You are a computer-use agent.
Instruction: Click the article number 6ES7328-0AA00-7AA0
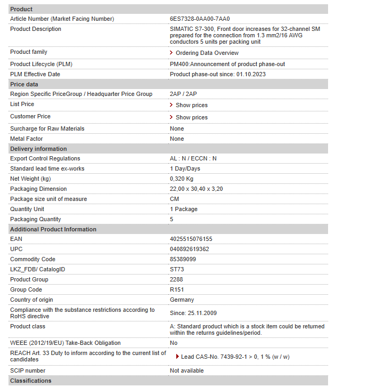[200, 19]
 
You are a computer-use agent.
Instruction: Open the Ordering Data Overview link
[207, 53]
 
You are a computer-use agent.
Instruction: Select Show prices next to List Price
[191, 105]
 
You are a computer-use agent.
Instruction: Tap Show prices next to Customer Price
[191, 117]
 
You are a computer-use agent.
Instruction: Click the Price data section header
[24, 84]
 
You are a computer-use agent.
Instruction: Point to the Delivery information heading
[38, 149]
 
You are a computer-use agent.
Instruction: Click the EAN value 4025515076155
[191, 239]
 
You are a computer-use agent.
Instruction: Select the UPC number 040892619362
[189, 249]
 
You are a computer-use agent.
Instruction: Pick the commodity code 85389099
[183, 259]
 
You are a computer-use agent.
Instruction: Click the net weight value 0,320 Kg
[182, 179]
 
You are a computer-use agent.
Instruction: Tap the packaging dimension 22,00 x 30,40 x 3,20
[196, 189]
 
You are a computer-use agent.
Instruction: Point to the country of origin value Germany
[182, 300]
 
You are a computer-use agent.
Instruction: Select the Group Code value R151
[177, 289]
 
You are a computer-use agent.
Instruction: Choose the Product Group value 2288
[176, 279]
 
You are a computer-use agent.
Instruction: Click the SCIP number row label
[28, 370]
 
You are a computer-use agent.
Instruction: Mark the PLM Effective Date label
[35, 74]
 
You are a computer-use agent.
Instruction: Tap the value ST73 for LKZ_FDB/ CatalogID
[177, 269]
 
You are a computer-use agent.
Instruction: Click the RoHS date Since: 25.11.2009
[193, 313]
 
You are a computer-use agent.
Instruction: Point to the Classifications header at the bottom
[31, 381]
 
